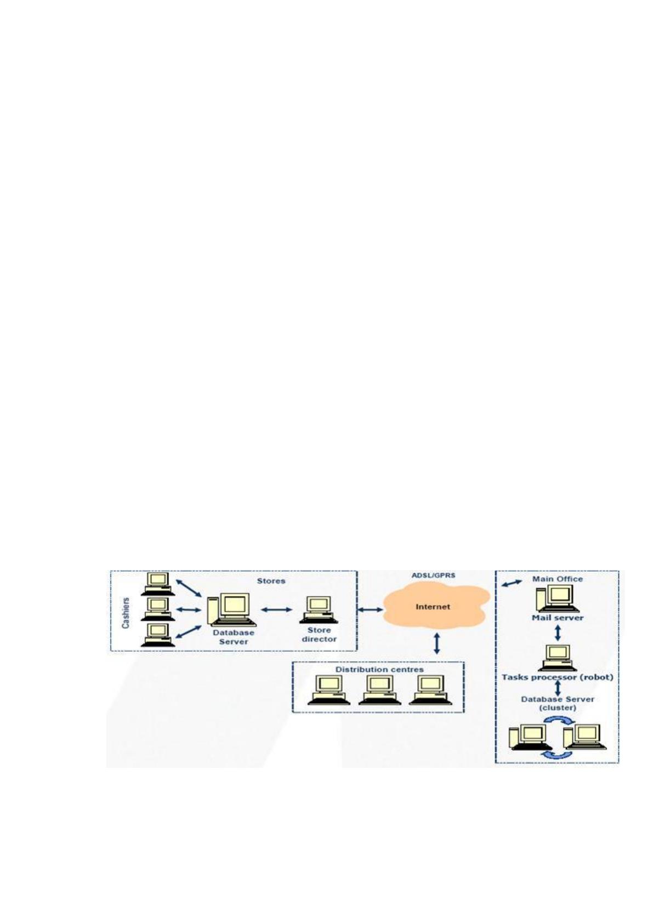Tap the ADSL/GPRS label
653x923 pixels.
[x=433, y=575]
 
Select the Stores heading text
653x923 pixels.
[x=271, y=580]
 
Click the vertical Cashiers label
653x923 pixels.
[x=126, y=613]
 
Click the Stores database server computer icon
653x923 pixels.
[x=231, y=609]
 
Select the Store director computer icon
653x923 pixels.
[x=319, y=609]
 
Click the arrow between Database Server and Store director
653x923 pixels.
[x=276, y=609]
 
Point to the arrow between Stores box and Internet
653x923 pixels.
[x=370, y=609]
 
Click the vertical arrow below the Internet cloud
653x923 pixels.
[x=437, y=643]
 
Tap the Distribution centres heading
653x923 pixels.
[x=379, y=669]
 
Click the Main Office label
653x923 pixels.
[x=558, y=579]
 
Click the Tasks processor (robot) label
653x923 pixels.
[x=558, y=677]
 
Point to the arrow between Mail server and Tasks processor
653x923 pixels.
[x=558, y=633]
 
